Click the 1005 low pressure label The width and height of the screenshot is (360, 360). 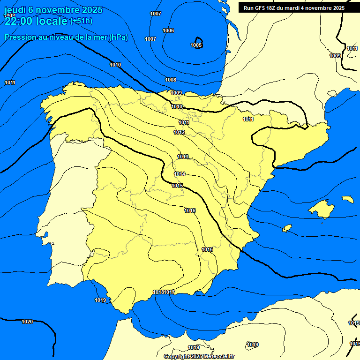pos(196,45)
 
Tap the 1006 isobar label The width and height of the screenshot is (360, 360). pos(168,30)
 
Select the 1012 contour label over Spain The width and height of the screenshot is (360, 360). pos(179,133)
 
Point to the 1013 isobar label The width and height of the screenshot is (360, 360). pos(183,157)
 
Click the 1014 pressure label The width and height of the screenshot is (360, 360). pos(180,174)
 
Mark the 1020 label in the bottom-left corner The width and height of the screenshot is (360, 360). pos(27,322)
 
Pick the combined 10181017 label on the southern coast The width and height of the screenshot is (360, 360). pos(164,292)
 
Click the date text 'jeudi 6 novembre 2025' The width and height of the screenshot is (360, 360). pos(53,10)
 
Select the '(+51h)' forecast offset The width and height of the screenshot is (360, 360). pos(81,21)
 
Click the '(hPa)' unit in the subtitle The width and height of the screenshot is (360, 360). pos(118,37)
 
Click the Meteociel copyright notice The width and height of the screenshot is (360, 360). pos(199,356)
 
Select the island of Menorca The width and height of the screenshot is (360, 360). pos(347,199)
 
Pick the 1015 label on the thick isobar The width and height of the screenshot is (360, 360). pos(177,186)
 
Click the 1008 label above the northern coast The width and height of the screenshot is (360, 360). pos(171,80)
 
